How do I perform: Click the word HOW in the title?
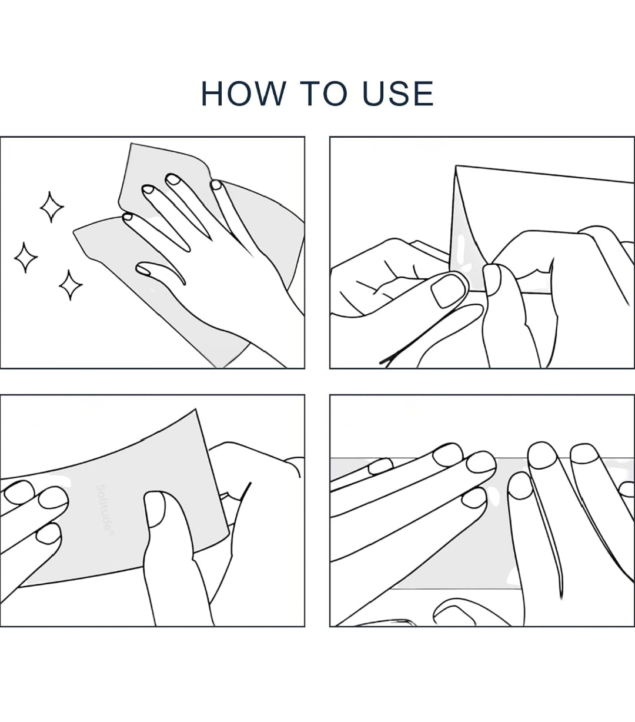(243, 94)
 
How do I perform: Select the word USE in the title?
(398, 94)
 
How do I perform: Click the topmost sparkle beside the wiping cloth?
(52, 207)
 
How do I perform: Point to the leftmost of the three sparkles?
(26, 257)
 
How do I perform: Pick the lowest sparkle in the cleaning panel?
(71, 285)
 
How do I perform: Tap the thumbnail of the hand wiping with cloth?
(143, 269)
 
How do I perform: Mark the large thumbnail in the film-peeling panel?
(449, 291)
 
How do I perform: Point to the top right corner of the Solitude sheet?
(195, 410)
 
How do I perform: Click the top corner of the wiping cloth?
(131, 143)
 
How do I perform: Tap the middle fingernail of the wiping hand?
(173, 179)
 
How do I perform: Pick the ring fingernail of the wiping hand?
(148, 189)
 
